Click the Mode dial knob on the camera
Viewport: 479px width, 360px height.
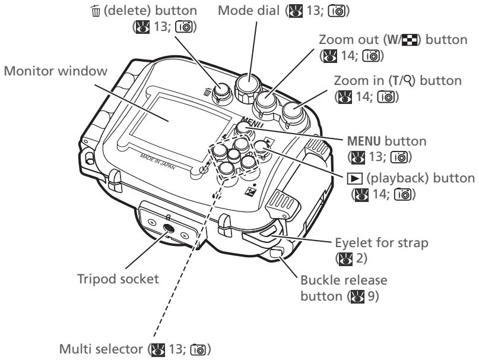(x=248, y=86)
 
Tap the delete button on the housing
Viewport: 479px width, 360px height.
(x=221, y=91)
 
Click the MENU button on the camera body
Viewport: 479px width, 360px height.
(x=244, y=128)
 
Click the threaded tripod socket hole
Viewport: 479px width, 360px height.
(x=169, y=228)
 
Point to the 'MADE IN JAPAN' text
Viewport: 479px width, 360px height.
(x=158, y=162)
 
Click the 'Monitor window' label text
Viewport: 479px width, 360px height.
(x=56, y=71)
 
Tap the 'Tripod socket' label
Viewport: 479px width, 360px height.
(x=118, y=279)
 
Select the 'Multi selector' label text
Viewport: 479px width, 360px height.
(x=101, y=349)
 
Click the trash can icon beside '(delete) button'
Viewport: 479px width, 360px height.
(x=96, y=11)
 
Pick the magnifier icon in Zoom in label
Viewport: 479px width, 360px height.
(x=408, y=80)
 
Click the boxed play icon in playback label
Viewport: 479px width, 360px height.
(x=355, y=179)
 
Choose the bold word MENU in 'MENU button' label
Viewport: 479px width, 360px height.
(x=364, y=141)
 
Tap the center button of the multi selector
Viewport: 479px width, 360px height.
(x=234, y=155)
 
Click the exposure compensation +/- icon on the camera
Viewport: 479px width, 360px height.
(x=250, y=192)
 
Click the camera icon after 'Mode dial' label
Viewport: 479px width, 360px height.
(x=337, y=11)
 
